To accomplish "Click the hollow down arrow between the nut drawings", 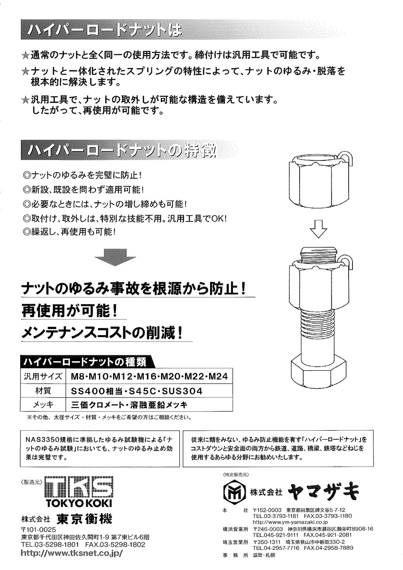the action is [318, 229].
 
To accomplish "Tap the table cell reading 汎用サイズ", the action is [43, 376].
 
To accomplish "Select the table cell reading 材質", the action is [43, 391].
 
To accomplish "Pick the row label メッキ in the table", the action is [43, 405].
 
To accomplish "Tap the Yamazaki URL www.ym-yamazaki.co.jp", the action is [290, 522].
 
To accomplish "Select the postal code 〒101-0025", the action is [38, 530].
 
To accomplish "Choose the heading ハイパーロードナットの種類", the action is [85, 362].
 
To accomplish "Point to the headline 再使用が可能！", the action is [69, 311].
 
